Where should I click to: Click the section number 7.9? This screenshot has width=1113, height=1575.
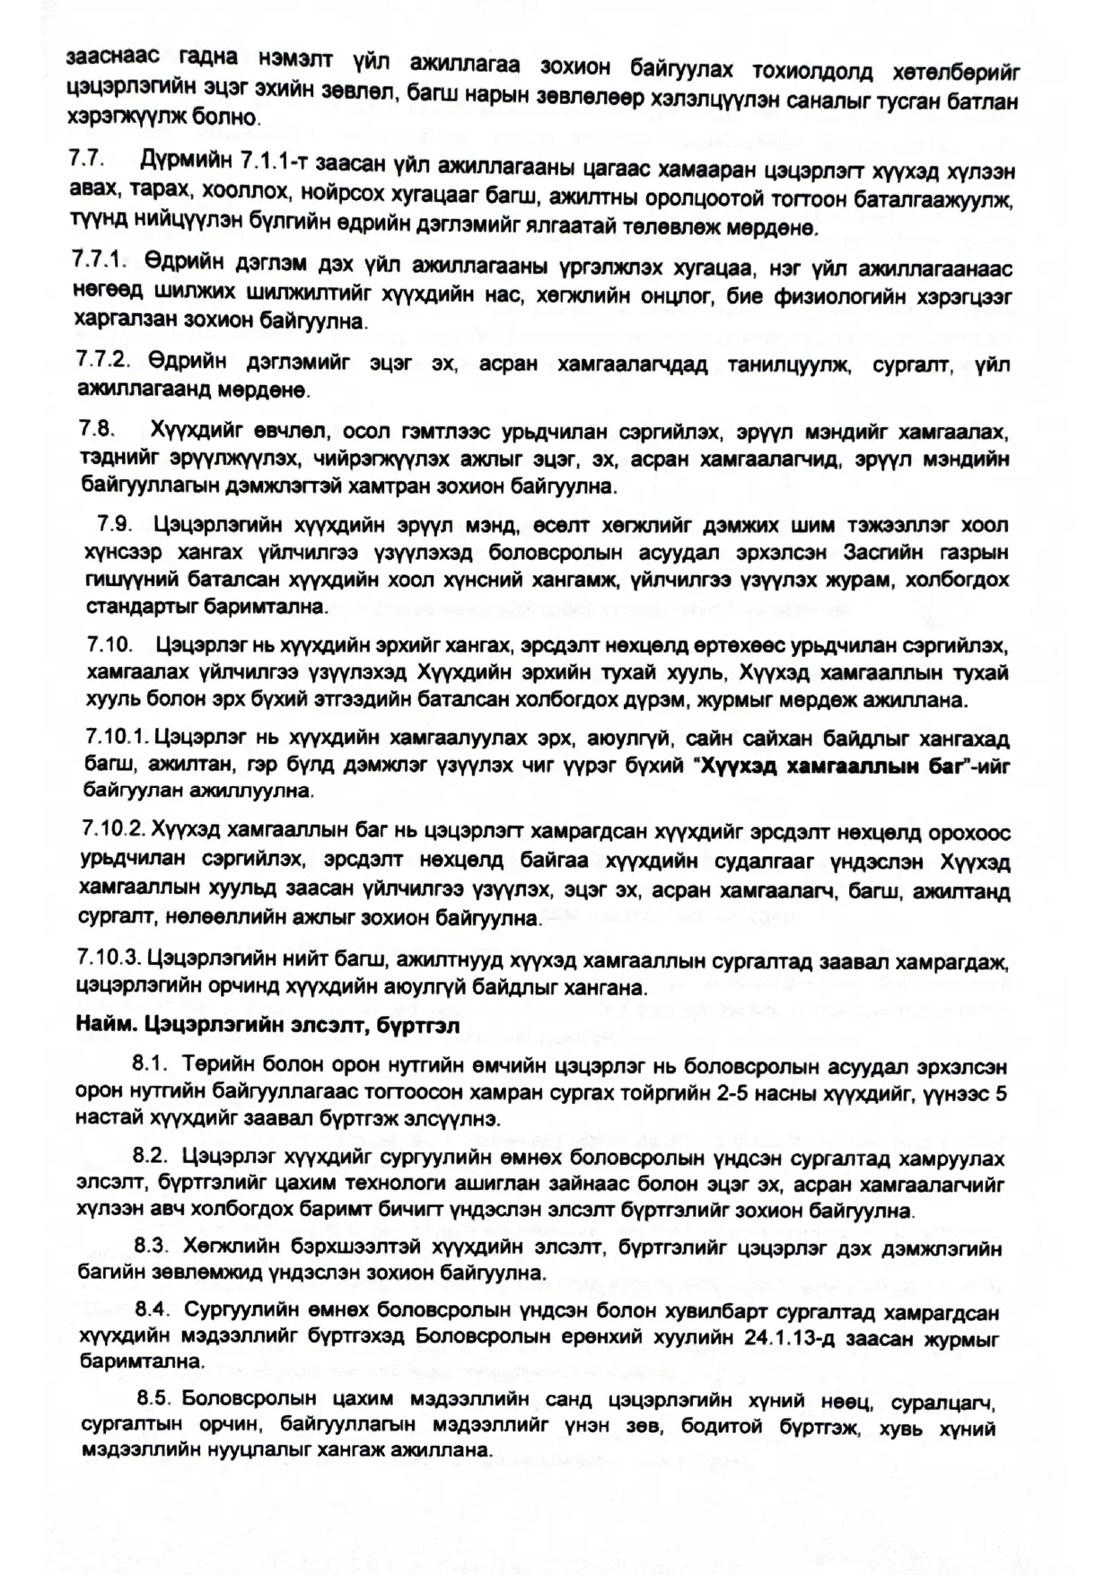tap(115, 524)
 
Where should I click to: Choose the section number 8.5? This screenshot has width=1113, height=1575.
tap(154, 1398)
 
